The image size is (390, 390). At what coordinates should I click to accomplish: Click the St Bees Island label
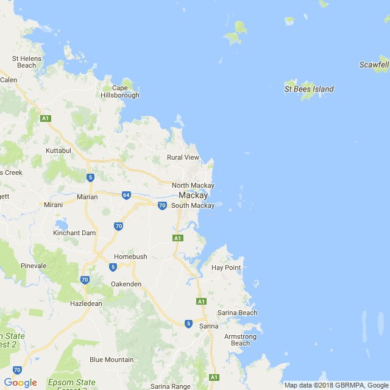point(309,89)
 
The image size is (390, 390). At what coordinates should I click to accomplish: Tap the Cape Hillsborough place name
point(120,91)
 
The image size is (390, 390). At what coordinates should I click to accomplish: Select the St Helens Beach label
point(26,62)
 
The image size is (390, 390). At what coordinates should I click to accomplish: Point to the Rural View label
point(183,157)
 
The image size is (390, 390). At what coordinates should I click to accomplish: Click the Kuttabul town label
point(58,150)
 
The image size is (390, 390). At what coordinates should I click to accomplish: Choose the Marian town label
point(87,197)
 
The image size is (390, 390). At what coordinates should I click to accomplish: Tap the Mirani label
point(53,205)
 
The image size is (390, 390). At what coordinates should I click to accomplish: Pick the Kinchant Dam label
point(74,233)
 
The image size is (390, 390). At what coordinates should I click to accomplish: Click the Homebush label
point(130,257)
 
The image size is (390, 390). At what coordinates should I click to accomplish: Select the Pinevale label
point(34,266)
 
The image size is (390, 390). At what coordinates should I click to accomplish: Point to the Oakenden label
point(126,284)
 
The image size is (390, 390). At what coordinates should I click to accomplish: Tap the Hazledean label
point(85,303)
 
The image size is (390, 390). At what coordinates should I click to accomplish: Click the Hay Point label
point(226,268)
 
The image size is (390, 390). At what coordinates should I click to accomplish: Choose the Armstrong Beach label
point(240,339)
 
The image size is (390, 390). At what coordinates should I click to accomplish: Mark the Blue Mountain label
point(112,360)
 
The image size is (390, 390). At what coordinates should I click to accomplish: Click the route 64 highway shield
point(126,195)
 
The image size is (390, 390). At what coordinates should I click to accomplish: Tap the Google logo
point(20,383)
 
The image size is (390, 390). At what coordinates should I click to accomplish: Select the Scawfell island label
point(374,65)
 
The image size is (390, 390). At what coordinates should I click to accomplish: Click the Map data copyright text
point(336,385)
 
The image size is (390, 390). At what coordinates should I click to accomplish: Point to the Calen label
point(9,80)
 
